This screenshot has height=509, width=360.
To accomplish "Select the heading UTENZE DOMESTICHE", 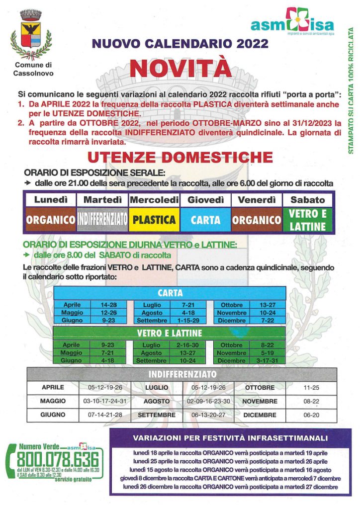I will [180, 158].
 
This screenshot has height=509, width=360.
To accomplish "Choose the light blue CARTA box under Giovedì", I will [205, 220].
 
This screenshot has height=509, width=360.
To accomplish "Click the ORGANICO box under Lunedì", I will [50, 220].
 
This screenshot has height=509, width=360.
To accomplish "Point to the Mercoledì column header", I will [154, 200].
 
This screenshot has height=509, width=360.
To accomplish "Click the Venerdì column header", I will [257, 200].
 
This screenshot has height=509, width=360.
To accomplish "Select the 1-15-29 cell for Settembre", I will [188, 320].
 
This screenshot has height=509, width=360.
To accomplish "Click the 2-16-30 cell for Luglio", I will [188, 345].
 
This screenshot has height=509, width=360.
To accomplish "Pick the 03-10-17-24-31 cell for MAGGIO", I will [105, 401].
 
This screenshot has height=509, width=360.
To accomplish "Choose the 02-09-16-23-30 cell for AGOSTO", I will [209, 401].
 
